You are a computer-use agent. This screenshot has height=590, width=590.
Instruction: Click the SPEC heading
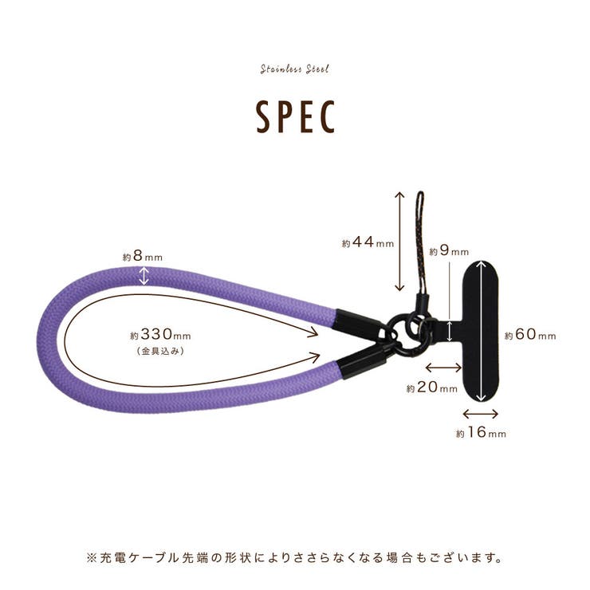click(295, 116)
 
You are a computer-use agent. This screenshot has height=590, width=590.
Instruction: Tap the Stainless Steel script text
click(295, 69)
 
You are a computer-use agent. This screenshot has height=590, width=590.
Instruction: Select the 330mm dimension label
click(161, 334)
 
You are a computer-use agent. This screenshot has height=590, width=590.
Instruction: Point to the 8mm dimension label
click(143, 257)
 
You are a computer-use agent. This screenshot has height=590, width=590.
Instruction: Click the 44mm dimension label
click(368, 242)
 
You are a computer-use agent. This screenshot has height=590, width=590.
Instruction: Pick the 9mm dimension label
click(449, 251)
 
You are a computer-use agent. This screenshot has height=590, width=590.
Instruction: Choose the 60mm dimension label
click(530, 335)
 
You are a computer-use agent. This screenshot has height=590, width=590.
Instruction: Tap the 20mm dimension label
click(432, 387)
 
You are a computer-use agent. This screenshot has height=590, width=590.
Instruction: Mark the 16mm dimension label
click(481, 433)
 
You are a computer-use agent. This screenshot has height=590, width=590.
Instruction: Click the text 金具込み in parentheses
click(160, 352)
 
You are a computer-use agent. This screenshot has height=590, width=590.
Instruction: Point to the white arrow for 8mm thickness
click(144, 276)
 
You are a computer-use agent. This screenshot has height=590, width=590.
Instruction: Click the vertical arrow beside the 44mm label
click(399, 242)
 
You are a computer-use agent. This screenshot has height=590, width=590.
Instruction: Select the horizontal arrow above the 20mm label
click(443, 367)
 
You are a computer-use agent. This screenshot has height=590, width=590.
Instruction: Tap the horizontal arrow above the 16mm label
click(480, 414)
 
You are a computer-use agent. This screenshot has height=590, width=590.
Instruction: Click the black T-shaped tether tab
click(481, 331)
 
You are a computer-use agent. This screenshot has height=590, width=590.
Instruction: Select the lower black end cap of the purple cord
click(362, 359)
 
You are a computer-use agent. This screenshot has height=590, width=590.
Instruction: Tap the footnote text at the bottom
click(295, 557)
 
